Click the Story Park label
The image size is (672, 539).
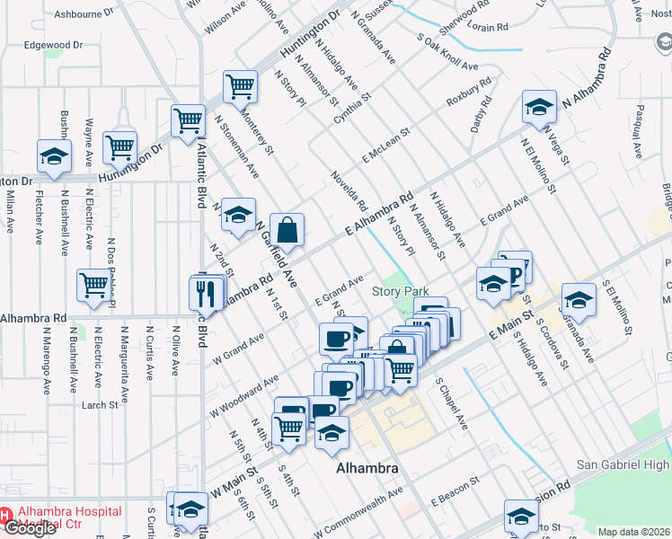[x=400, y=292]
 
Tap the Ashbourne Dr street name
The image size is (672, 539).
[x=84, y=14]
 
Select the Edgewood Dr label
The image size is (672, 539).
[x=53, y=44]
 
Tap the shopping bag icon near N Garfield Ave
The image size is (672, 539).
[x=287, y=229]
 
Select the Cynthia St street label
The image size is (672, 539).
[x=352, y=109]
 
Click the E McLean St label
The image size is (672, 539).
[x=386, y=145]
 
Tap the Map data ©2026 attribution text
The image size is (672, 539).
[x=634, y=532]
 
